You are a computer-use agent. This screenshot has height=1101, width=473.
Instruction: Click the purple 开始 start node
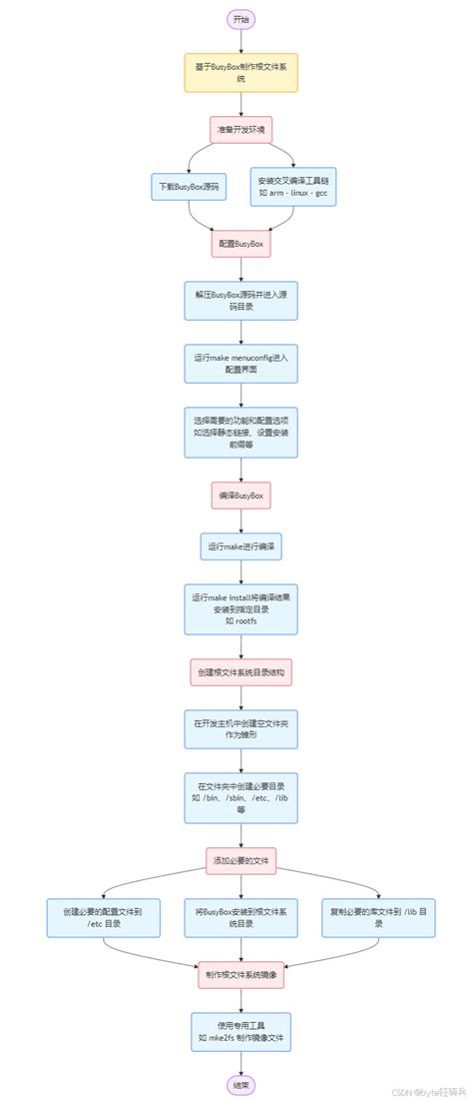click(x=240, y=19)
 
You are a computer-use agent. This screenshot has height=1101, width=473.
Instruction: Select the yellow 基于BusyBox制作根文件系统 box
click(x=240, y=73)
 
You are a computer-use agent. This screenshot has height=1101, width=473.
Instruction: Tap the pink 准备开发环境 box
click(x=240, y=130)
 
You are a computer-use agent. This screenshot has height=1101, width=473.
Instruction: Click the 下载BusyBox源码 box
click(x=190, y=186)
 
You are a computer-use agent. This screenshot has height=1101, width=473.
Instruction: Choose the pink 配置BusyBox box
click(x=240, y=243)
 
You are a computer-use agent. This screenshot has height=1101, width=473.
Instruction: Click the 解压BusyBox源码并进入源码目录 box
click(x=240, y=300)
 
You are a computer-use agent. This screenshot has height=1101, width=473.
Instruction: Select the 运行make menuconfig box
click(x=240, y=364)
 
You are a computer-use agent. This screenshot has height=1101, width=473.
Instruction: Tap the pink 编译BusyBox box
click(x=240, y=496)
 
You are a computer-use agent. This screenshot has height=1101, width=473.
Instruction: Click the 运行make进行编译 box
click(x=240, y=549)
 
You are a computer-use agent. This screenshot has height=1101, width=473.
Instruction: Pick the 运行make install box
click(x=240, y=608)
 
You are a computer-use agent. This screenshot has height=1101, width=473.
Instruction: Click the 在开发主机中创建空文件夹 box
click(x=240, y=728)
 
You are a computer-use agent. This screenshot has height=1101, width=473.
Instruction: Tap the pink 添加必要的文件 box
click(x=240, y=860)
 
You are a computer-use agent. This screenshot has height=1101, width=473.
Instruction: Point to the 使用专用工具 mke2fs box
click(x=240, y=1032)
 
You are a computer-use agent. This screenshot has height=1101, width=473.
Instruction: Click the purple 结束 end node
click(x=240, y=1083)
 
